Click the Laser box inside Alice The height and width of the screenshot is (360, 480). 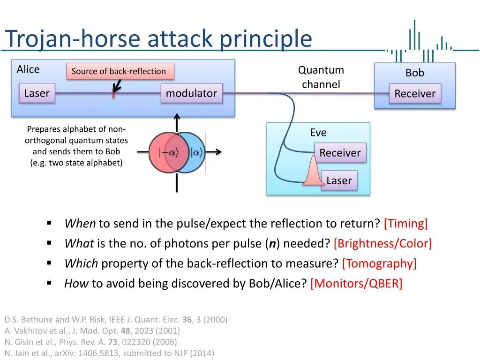point(37,93)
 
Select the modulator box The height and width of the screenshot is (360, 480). point(191,93)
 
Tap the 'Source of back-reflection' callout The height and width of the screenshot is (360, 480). point(120,71)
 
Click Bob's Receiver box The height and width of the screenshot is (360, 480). point(415,93)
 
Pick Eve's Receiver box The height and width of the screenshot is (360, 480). point(340,153)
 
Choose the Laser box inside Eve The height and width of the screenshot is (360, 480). point(339,180)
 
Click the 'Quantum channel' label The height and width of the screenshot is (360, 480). point(321,77)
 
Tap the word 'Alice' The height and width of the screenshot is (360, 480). point(28,69)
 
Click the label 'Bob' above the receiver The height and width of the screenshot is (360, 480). point(415,73)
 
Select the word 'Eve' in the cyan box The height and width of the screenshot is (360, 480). point(318,133)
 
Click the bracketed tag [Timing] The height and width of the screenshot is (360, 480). point(405,224)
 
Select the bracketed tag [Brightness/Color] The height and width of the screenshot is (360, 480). point(382,243)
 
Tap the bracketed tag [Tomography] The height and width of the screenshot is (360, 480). point(379,263)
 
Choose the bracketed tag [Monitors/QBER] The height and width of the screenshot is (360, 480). point(356,284)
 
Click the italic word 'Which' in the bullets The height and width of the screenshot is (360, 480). point(81,263)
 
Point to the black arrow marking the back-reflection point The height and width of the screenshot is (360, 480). point(116,86)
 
